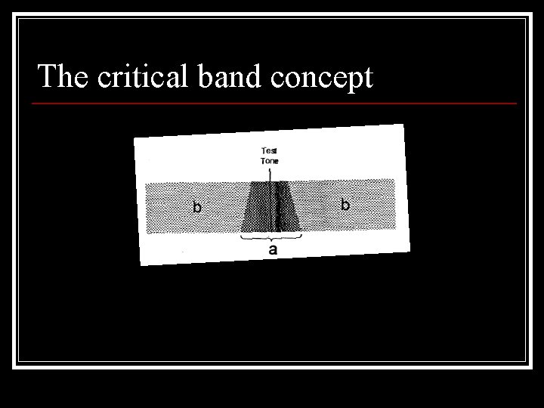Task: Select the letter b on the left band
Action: click(x=196, y=206)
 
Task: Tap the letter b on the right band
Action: click(x=345, y=203)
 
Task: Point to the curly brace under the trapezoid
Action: click(x=271, y=236)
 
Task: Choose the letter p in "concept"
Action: click(x=352, y=80)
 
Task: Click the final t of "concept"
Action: click(x=368, y=78)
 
